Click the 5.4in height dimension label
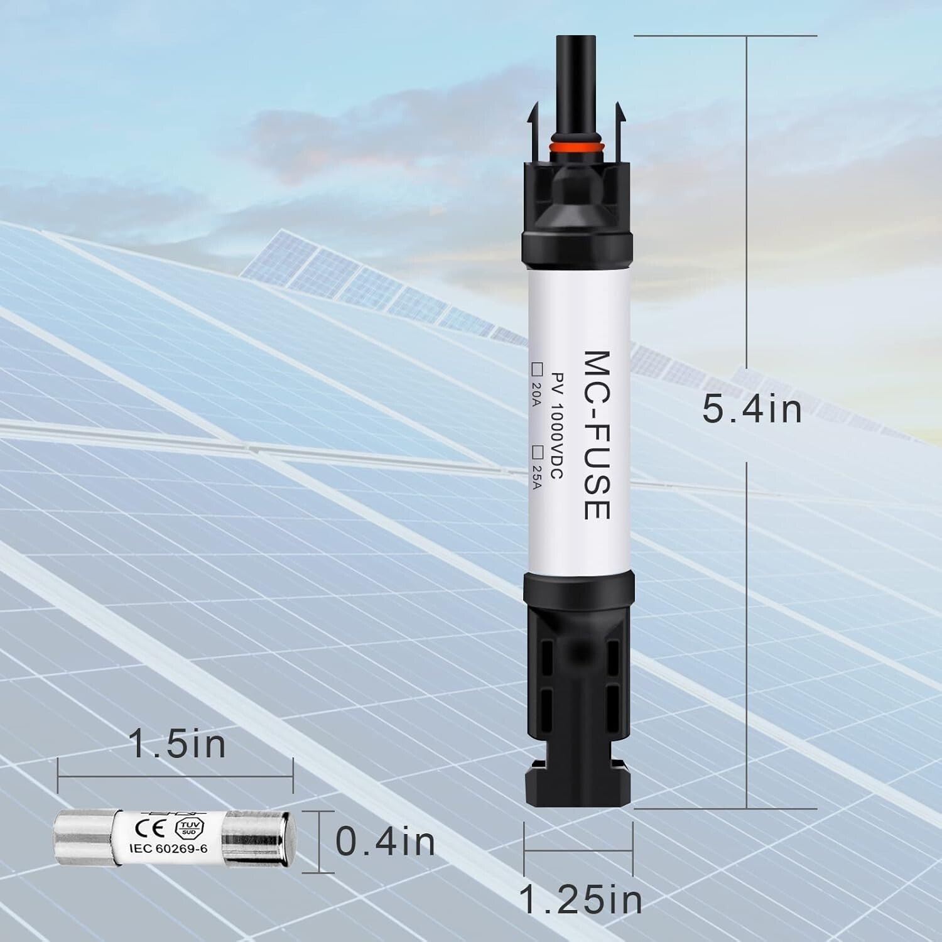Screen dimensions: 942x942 tap(752, 409)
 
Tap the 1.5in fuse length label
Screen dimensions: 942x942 tap(177, 745)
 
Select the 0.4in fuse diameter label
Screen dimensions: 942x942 tap(385, 842)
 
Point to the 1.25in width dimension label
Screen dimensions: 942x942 tap(582, 900)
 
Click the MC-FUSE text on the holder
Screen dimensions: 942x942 tap(595, 435)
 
